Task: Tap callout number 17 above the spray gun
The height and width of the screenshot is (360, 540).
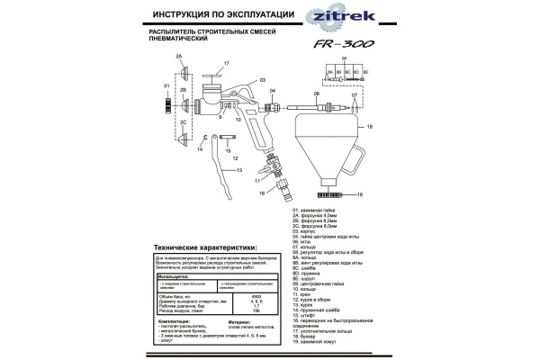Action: click(226, 63)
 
